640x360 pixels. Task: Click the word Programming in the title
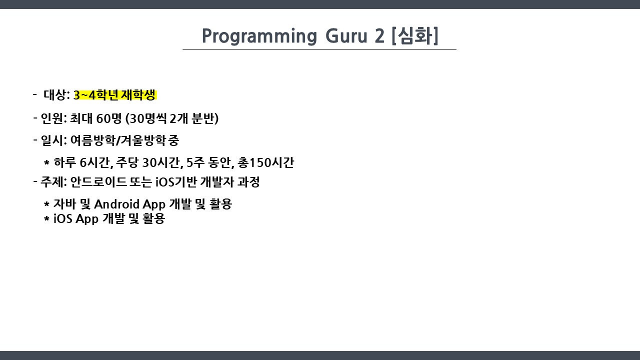pos(259,36)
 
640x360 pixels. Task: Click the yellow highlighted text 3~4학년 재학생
pos(115,95)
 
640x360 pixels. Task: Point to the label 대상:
pos(56,95)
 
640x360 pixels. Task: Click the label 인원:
pos(53,118)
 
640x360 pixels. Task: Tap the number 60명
pos(109,118)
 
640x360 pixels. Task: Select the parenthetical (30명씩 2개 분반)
pos(172,118)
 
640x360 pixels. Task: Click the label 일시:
pos(53,140)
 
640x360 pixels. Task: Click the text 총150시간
pos(265,162)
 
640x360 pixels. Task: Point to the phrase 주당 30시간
pos(148,162)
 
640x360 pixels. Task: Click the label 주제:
pos(53,182)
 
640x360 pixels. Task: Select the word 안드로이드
pos(98,182)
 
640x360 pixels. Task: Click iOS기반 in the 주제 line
pos(176,182)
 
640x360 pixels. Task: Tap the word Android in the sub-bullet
pos(116,204)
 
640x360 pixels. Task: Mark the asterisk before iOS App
pos(46,219)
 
